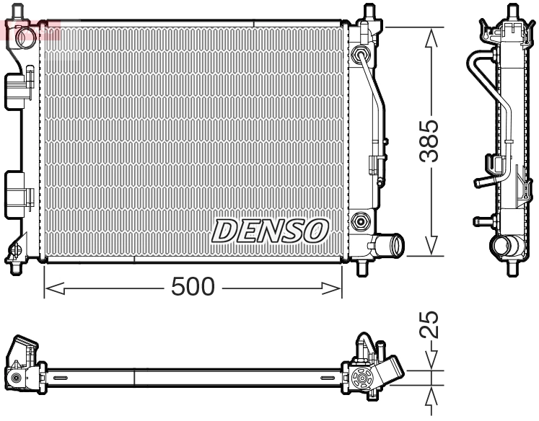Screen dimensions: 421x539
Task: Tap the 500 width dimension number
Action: point(193,288)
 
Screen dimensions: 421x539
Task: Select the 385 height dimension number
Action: point(431,142)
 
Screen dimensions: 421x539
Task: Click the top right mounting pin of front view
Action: point(369,14)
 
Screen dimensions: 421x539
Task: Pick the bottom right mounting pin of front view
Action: point(364,267)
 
